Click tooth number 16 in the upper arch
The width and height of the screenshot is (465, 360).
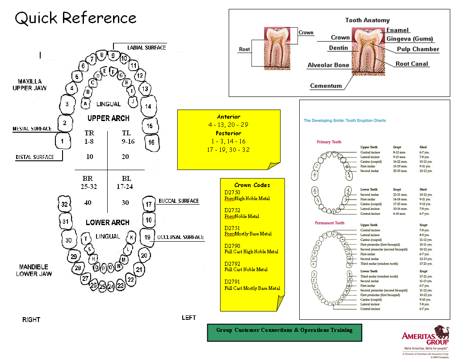(151, 142)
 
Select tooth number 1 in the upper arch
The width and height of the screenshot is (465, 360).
(63, 141)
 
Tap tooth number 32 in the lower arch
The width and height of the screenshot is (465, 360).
(65, 205)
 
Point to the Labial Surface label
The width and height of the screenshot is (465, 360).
(147, 48)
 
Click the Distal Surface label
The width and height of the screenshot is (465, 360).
(34, 157)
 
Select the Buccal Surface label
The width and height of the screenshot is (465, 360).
(179, 201)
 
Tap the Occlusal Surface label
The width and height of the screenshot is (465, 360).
(180, 237)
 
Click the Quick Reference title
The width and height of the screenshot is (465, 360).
(75, 18)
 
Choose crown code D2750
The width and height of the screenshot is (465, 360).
(232, 193)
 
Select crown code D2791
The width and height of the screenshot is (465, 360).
(232, 282)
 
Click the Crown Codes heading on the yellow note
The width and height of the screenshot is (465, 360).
(252, 185)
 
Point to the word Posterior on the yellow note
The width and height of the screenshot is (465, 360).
(228, 133)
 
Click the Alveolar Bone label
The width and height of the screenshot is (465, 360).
(328, 65)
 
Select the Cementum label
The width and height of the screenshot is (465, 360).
(326, 86)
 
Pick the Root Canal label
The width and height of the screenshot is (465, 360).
(412, 64)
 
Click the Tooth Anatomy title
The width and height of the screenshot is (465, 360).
(367, 20)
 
